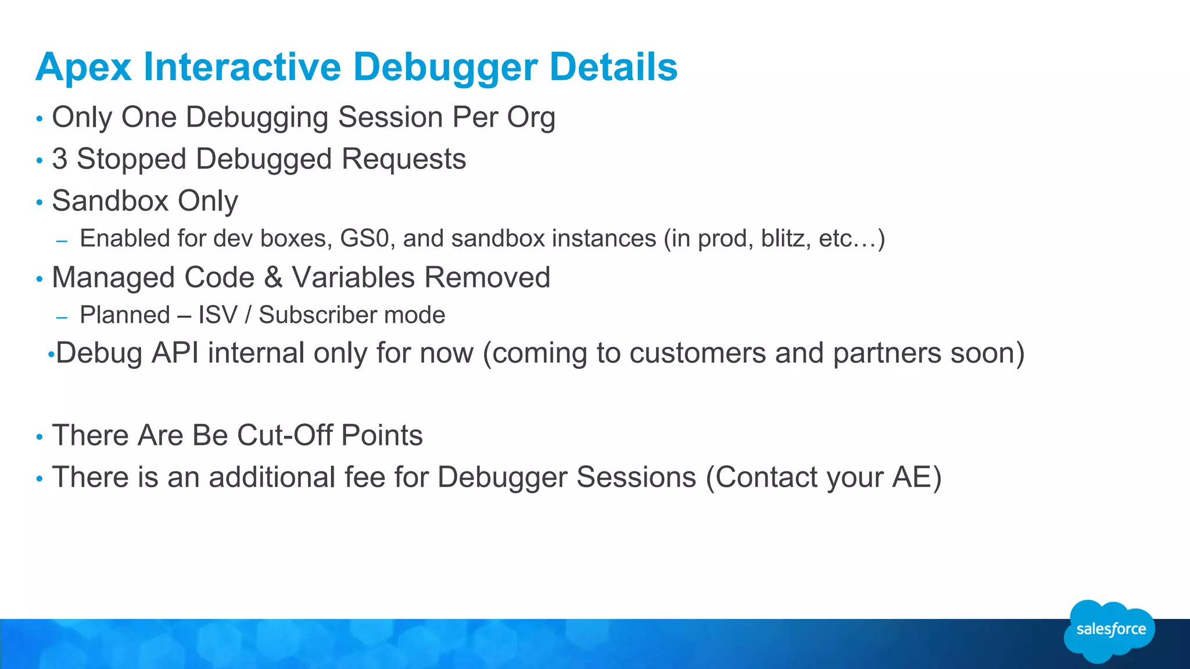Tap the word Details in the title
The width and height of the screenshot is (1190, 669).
tap(614, 67)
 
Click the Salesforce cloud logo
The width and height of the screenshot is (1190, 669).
tap(1110, 631)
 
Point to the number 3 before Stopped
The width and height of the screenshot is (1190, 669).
tap(60, 159)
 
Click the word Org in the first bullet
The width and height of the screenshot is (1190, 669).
tap(531, 118)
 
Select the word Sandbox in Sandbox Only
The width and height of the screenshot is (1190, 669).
tap(110, 201)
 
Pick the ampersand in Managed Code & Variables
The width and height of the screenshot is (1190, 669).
tap(273, 278)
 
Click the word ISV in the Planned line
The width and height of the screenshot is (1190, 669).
tap(218, 315)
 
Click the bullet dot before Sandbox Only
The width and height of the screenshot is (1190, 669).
tap(40, 203)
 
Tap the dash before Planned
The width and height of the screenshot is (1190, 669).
tap(62, 318)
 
